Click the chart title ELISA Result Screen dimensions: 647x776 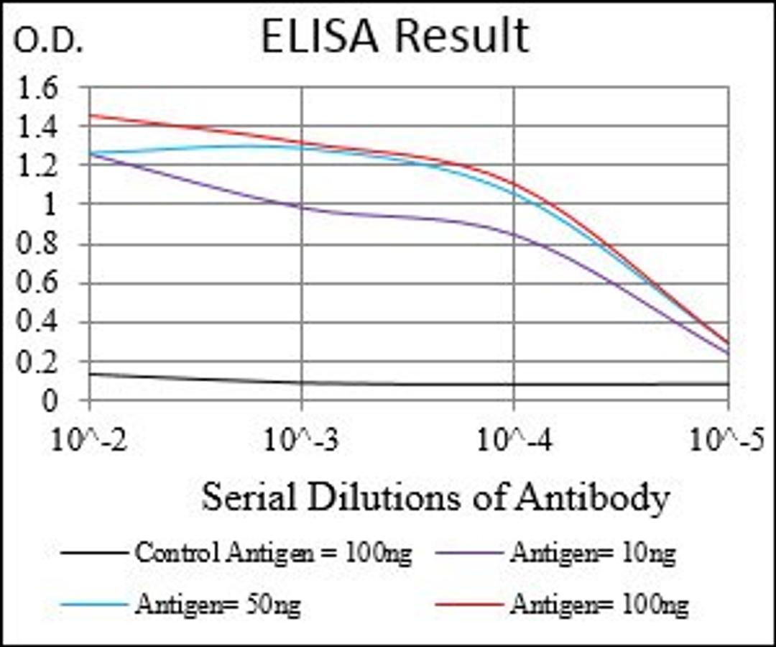pos(394,37)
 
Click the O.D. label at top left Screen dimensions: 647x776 pos(49,43)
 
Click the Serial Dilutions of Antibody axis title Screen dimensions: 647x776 pos(435,497)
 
